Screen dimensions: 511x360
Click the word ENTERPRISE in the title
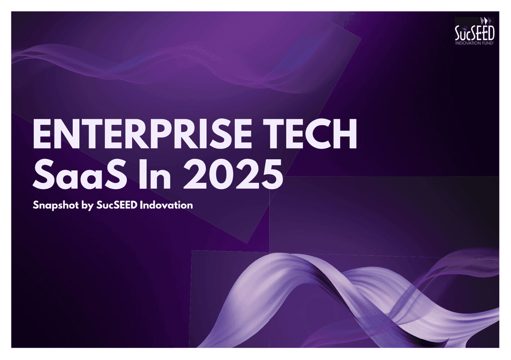[x=142, y=134]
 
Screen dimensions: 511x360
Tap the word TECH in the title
[x=311, y=134]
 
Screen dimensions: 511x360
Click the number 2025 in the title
[x=233, y=174]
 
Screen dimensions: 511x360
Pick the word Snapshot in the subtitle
[x=56, y=205]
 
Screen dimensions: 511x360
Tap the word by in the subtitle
[x=88, y=205]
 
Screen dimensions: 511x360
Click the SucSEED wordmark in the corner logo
[x=475, y=32]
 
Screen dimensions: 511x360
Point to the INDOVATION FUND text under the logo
[x=475, y=43]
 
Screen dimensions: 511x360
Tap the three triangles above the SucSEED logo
[x=485, y=20]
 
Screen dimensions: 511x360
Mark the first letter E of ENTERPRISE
[x=43, y=134]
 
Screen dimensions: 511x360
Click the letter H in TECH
[x=345, y=134]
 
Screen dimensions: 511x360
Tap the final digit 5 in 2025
[x=271, y=174]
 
